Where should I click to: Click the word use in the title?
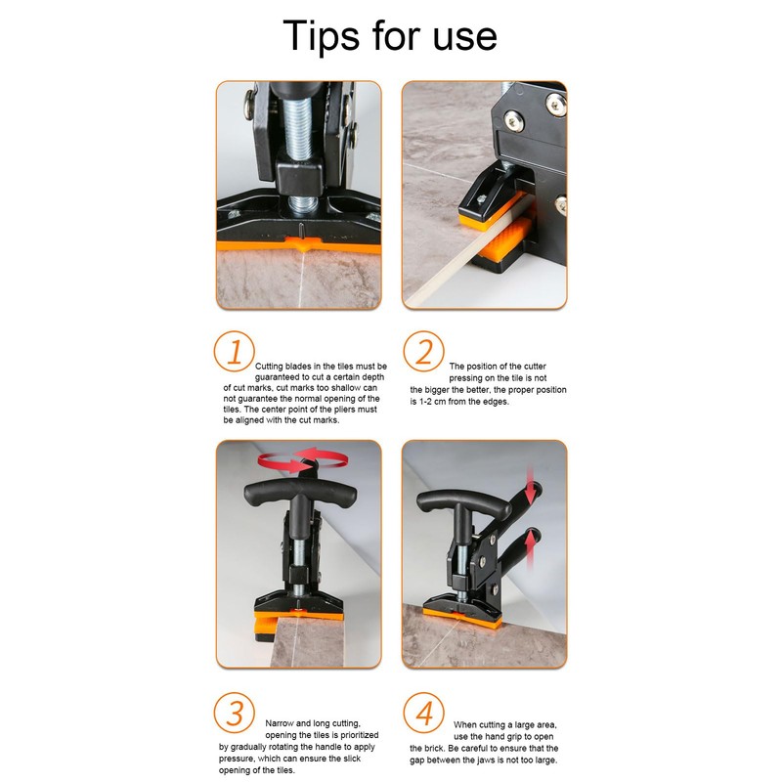465,39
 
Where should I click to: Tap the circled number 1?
234,351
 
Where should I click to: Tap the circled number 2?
423,351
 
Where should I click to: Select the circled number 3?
234,713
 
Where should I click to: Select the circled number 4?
423,713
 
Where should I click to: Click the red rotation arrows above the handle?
302,459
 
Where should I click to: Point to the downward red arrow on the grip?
531,485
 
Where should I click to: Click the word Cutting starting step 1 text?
269,367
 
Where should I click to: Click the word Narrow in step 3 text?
280,723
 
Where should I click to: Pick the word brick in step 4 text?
435,749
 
